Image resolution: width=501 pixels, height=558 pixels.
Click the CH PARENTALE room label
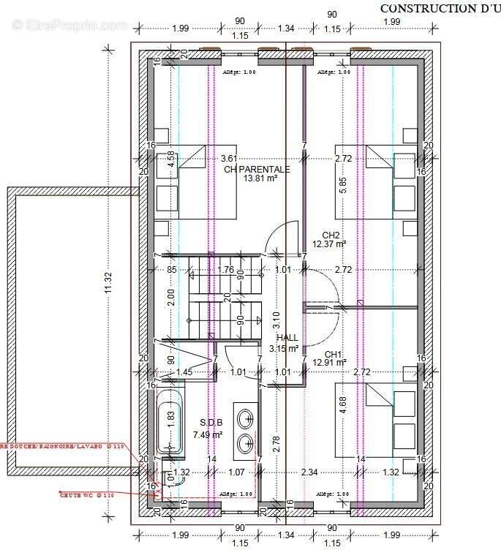coord(257,169)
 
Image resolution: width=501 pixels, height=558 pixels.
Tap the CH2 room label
coord(330,235)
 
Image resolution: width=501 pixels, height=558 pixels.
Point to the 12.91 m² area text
coord(329,361)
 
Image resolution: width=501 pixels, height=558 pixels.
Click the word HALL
coord(287,338)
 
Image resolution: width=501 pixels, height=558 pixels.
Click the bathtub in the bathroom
coord(170,423)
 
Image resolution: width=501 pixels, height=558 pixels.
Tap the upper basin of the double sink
coord(245,419)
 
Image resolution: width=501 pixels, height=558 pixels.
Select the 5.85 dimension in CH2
coord(342,184)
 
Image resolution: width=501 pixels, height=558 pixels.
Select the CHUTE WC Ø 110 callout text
coord(87,495)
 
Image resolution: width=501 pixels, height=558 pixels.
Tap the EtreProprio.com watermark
coord(69,25)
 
